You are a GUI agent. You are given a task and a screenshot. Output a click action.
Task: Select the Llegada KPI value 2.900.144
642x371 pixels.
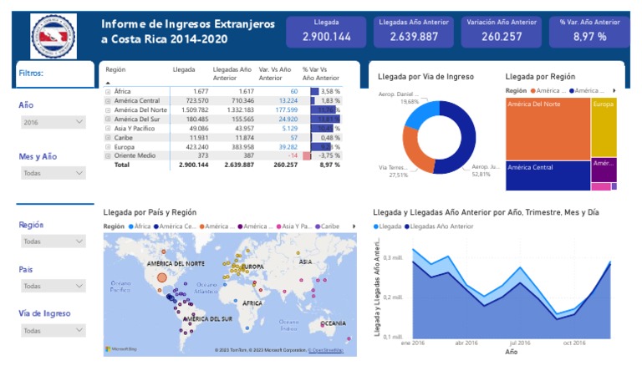326,37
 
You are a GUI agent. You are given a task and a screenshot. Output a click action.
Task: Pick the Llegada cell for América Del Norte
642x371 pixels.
193,109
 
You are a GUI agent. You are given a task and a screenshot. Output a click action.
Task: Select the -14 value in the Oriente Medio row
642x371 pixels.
292,155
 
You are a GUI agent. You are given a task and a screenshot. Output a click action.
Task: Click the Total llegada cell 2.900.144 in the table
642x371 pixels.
193,165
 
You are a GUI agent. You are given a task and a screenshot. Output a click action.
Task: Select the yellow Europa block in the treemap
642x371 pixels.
604,125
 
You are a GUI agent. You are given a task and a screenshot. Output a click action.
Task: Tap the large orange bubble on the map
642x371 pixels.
162,277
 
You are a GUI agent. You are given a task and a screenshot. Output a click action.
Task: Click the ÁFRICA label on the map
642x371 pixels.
252,304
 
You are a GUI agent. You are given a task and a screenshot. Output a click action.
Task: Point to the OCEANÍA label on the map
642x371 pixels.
333,323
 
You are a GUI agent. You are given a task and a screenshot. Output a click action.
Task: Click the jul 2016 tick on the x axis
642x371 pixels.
518,343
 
